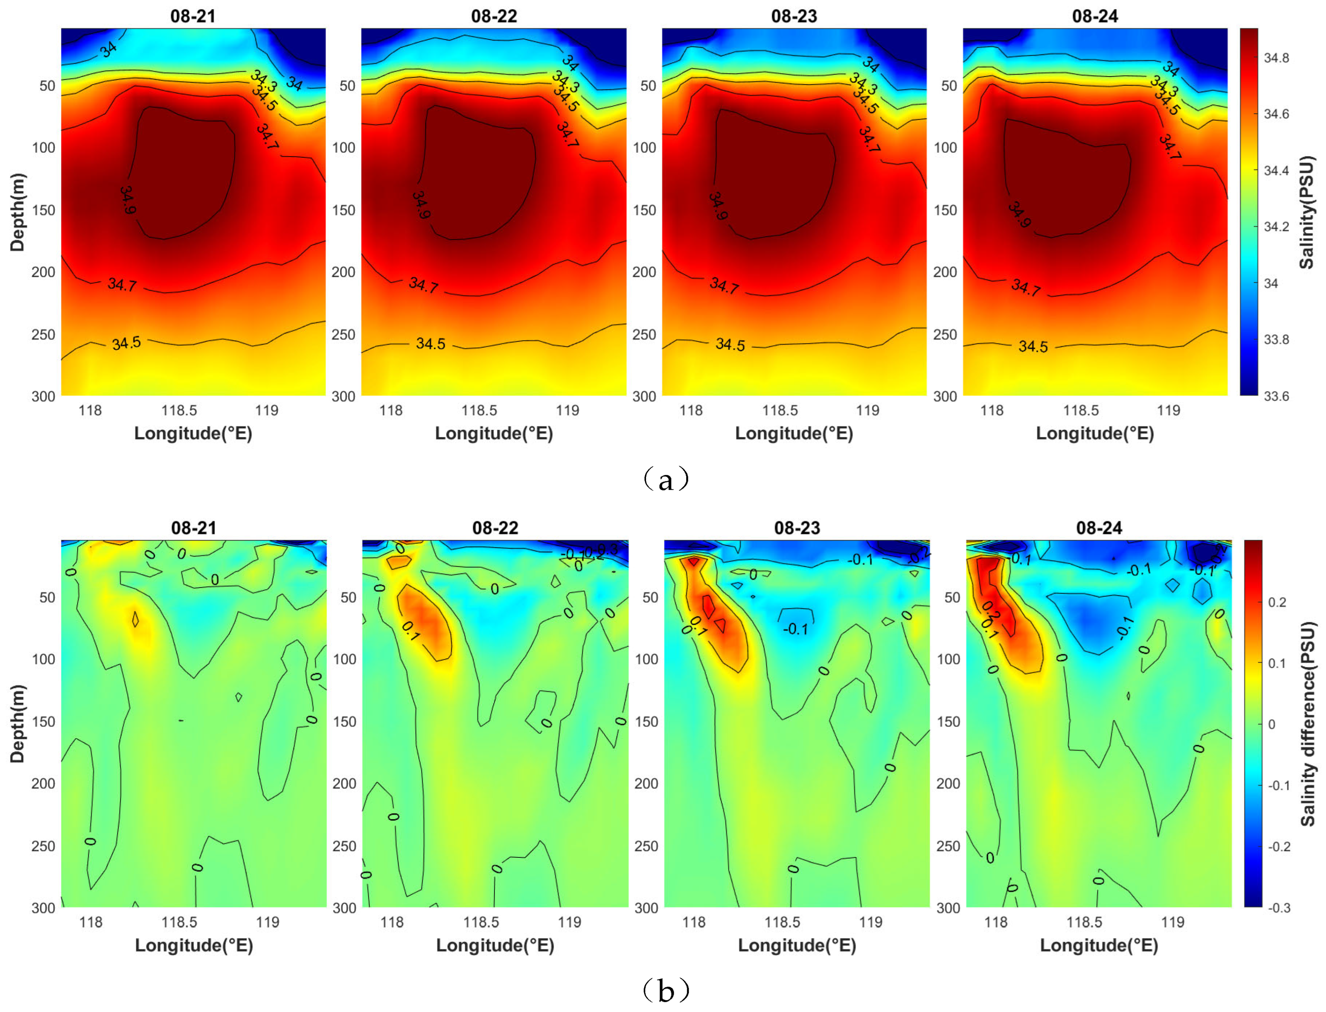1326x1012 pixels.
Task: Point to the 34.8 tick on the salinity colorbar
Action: (1276, 58)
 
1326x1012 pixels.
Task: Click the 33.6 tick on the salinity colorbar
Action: (1276, 396)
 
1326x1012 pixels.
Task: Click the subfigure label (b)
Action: (665, 990)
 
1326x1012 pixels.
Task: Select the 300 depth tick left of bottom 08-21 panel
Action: (43, 908)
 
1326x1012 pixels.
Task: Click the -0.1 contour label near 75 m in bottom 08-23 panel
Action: (795, 629)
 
